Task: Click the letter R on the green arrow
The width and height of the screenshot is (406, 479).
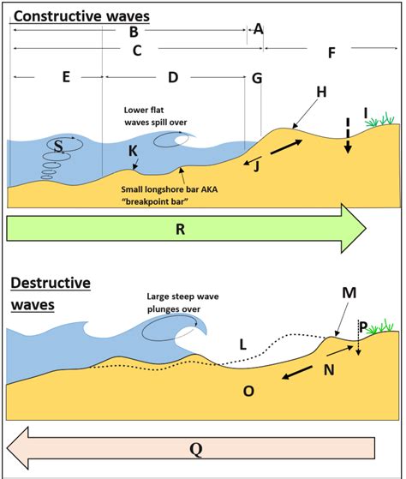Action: (179, 230)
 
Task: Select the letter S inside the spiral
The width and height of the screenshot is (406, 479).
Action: (58, 147)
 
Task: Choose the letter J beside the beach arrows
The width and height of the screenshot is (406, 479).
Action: (256, 166)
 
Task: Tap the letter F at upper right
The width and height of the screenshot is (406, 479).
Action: (331, 53)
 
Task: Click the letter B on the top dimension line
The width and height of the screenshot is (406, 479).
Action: (134, 32)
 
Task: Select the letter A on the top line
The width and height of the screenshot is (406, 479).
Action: (258, 29)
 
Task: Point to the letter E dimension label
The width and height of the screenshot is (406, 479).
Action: (65, 77)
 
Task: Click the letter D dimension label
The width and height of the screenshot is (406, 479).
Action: (173, 77)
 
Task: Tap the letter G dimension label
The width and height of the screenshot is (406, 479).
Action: (256, 78)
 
